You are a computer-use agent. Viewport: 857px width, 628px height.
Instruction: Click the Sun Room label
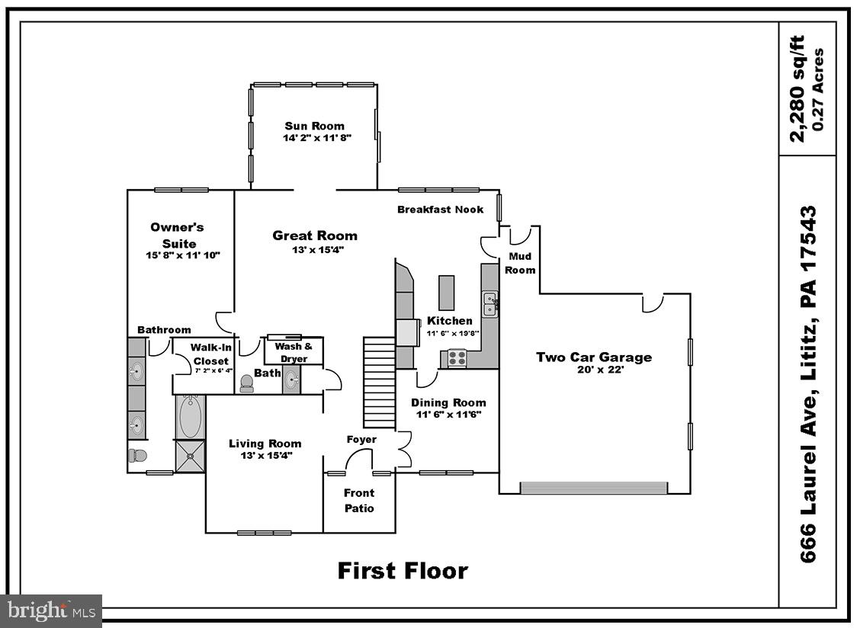pyautogui.click(x=314, y=127)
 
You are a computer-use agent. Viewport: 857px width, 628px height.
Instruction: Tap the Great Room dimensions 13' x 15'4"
pyautogui.click(x=314, y=249)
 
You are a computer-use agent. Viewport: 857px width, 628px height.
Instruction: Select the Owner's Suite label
pyautogui.click(x=177, y=235)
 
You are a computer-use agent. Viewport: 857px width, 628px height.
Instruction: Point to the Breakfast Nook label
pyautogui.click(x=440, y=210)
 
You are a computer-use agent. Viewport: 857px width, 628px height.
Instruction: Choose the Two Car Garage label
pyautogui.click(x=593, y=357)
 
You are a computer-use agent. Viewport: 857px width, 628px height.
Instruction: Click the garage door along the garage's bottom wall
pyautogui.click(x=594, y=487)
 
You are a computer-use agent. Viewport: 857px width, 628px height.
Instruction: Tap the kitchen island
pyautogui.click(x=446, y=293)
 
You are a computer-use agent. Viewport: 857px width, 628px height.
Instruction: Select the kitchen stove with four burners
pyautogui.click(x=457, y=357)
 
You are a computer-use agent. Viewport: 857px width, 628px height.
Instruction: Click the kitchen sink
pyautogui.click(x=490, y=304)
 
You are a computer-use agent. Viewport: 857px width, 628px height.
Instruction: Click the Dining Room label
pyautogui.click(x=448, y=402)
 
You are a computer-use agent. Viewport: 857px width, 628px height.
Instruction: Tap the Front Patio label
pyautogui.click(x=358, y=501)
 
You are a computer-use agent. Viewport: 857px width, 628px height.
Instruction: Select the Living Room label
pyautogui.click(x=265, y=444)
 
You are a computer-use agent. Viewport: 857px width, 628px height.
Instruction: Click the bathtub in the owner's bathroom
pyautogui.click(x=190, y=416)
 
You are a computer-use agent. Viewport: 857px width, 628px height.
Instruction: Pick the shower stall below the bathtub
pyautogui.click(x=190, y=456)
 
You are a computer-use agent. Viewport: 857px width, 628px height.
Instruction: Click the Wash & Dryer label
pyautogui.click(x=294, y=352)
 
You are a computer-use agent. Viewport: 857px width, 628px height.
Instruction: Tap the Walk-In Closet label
pyautogui.click(x=210, y=354)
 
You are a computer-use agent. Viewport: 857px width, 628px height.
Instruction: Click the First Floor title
pyautogui.click(x=403, y=570)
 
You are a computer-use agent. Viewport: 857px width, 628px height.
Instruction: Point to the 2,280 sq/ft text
pyautogui.click(x=797, y=89)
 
